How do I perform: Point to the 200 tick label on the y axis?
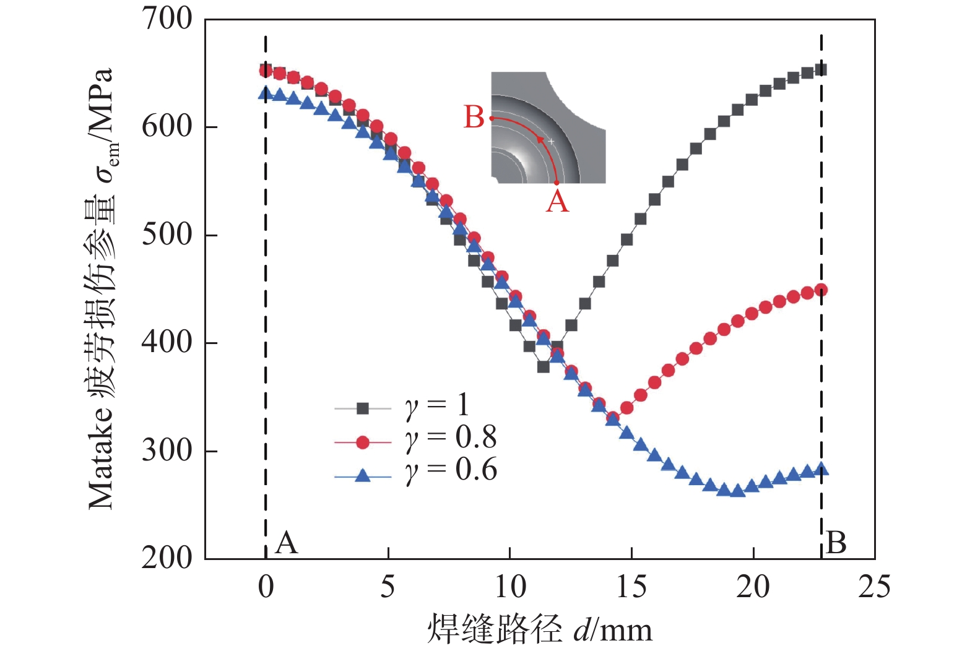click(x=167, y=558)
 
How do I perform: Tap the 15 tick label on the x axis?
click(x=631, y=587)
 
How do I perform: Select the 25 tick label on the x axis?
click(x=874, y=587)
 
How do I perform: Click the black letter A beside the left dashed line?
click(x=287, y=543)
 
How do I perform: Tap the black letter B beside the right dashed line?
click(x=836, y=543)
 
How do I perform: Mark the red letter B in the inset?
click(x=474, y=117)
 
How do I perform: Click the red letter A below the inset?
click(x=557, y=201)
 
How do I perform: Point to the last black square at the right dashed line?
click(x=821, y=70)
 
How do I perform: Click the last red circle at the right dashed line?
click(x=821, y=290)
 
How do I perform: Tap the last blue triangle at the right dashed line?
click(x=821, y=470)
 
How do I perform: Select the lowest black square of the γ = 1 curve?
click(x=544, y=367)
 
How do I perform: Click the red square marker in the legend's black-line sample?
click(x=363, y=408)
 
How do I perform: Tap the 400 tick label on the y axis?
click(x=167, y=342)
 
